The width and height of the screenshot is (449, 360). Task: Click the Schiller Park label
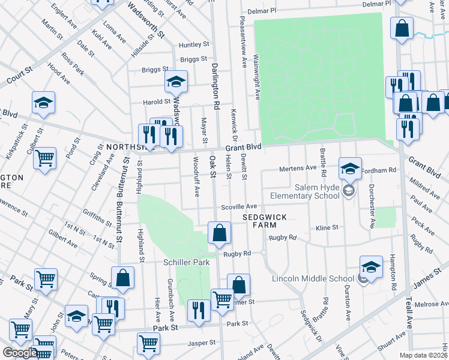(x=186, y=263)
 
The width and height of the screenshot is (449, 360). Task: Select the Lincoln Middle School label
(x=313, y=278)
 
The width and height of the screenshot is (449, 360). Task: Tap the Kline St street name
(x=327, y=228)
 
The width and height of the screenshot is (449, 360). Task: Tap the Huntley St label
(x=193, y=44)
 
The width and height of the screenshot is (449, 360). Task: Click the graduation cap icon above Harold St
(x=176, y=82)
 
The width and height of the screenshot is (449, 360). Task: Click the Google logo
(x=19, y=353)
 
